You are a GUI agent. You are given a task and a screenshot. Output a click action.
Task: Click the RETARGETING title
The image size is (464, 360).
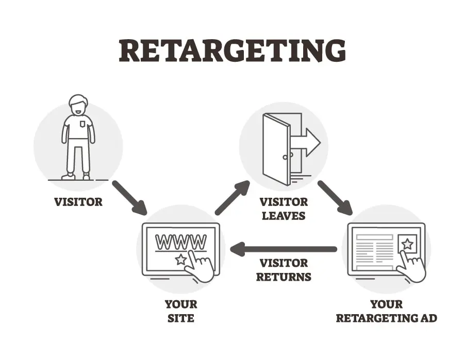[232, 50]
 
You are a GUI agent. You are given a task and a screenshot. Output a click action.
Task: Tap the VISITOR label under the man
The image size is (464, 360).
[78, 201]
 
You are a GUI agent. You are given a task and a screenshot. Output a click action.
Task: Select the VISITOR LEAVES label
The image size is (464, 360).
[284, 208]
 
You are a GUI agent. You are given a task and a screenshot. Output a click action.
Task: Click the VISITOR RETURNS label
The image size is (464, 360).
[284, 270]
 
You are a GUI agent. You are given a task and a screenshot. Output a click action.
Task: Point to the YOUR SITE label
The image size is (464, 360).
[181, 311]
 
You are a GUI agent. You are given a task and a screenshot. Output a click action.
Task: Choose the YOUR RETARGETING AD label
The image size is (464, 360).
[386, 311]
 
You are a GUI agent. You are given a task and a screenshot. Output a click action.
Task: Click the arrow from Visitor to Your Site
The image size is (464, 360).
[129, 197]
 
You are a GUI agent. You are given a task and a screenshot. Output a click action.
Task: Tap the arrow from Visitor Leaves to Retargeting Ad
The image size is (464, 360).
[335, 197]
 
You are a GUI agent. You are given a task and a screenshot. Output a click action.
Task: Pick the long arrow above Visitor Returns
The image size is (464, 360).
[283, 250]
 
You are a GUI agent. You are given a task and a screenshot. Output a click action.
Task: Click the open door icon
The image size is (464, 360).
[276, 148]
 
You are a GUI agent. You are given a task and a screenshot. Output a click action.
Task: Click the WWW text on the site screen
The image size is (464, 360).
[180, 241]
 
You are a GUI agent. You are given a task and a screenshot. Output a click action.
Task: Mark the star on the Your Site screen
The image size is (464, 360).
[180, 259]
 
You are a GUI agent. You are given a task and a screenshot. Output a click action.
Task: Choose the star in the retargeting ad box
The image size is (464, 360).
[407, 244]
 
